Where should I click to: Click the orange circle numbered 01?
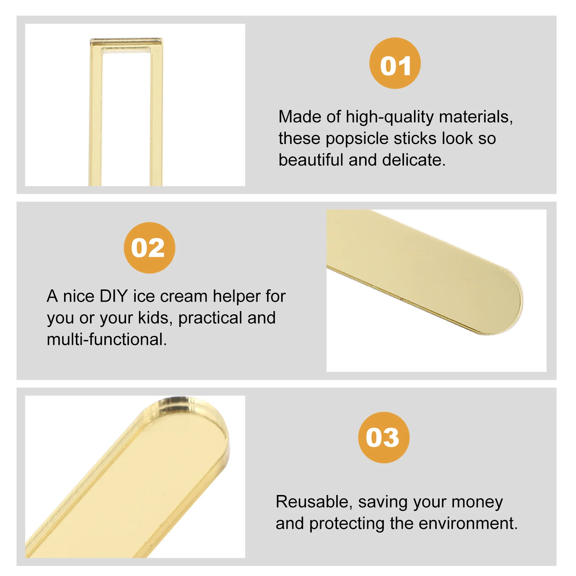click(x=395, y=63)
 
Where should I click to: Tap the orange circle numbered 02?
click(x=149, y=248)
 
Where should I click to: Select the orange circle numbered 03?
click(x=384, y=437)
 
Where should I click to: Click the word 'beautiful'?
click(x=311, y=160)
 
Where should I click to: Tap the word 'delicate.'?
click(x=414, y=160)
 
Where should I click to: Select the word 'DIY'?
click(x=113, y=296)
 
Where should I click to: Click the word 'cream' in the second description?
click(x=184, y=296)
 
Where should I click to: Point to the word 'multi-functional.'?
click(x=107, y=339)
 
